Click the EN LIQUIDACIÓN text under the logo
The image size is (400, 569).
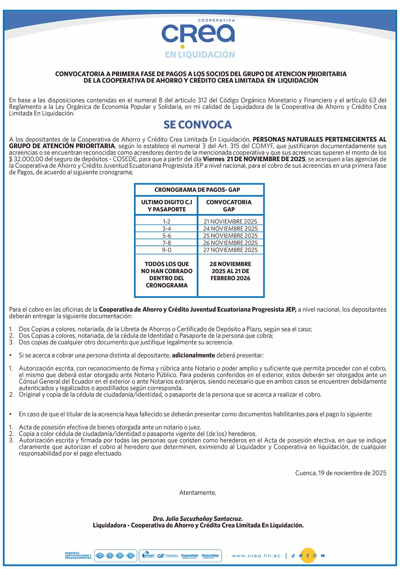pos(200,55)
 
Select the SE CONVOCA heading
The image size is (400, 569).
pos(197,125)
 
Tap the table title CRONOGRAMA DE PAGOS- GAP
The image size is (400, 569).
pos(197,190)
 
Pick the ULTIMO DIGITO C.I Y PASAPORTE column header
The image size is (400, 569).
pos(166,206)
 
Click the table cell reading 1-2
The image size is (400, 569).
pos(166,222)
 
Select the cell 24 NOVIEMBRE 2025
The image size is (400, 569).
pos(230,229)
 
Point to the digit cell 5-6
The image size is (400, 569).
pos(166,236)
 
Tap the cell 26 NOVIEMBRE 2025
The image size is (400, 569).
pos(230,243)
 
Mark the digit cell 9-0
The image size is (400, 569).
pos(166,250)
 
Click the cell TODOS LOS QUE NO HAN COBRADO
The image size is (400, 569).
pos(166,275)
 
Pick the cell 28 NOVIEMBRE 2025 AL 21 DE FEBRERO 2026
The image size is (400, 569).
pos(230,271)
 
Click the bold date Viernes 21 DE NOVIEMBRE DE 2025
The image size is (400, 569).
pos(254,159)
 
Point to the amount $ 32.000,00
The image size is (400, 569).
pos(26,159)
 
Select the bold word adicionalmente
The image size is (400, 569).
pos(193,355)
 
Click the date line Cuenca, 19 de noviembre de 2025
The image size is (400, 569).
pos(341,473)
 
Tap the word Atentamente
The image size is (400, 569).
pos(198,493)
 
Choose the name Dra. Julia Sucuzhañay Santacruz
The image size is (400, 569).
pos(198,519)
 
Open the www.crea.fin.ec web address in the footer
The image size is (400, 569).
pos(256,556)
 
